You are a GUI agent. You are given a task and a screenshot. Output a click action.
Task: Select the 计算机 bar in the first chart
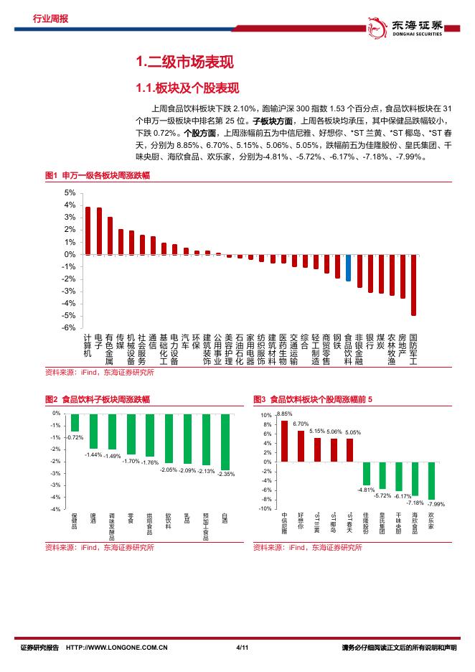tap(88, 230)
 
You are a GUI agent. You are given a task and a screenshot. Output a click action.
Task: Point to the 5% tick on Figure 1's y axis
tap(69, 193)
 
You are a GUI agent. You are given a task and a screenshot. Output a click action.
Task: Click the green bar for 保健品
tap(75, 423)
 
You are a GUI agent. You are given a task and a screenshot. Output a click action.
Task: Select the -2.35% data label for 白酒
tap(226, 474)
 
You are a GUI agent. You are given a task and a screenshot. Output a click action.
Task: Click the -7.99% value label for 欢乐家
tap(436, 504)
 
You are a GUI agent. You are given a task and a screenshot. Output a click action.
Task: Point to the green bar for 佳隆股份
tap(366, 474)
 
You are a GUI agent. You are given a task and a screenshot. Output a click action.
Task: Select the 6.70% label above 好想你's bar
tap(301, 424)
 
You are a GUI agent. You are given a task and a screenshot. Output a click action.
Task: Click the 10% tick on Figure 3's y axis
tap(265, 416)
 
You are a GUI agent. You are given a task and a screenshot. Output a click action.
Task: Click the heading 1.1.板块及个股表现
tap(177, 88)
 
